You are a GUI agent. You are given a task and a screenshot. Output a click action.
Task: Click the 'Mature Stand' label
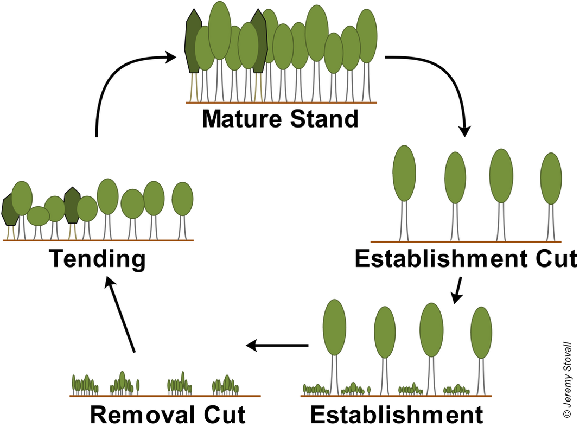[280, 119]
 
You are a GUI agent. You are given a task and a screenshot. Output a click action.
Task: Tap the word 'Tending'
[97, 259]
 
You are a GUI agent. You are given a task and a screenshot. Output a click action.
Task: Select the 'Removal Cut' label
[168, 415]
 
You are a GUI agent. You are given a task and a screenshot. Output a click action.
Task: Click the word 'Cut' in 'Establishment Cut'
[557, 258]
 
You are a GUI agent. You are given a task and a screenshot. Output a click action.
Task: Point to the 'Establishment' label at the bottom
[397, 415]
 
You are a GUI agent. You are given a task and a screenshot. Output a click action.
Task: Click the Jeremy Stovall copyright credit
[567, 380]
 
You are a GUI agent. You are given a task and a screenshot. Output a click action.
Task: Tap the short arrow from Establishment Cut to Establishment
[457, 290]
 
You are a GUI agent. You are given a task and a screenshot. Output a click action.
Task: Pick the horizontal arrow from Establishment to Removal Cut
[277, 346]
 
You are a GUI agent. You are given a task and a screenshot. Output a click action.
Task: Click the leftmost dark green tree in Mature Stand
[194, 41]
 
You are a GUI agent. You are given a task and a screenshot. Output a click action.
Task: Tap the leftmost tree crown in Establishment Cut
[404, 173]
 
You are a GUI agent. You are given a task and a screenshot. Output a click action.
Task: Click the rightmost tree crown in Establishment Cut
[551, 179]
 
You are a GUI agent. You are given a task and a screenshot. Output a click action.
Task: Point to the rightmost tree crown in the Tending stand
[182, 199]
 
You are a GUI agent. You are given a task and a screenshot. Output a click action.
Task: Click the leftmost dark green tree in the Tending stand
[10, 209]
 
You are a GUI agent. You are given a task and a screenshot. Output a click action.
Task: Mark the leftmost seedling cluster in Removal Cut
[85, 385]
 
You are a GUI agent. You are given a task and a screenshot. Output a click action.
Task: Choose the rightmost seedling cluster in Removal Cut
[225, 385]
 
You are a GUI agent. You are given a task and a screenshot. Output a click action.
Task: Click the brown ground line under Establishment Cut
[466, 241]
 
